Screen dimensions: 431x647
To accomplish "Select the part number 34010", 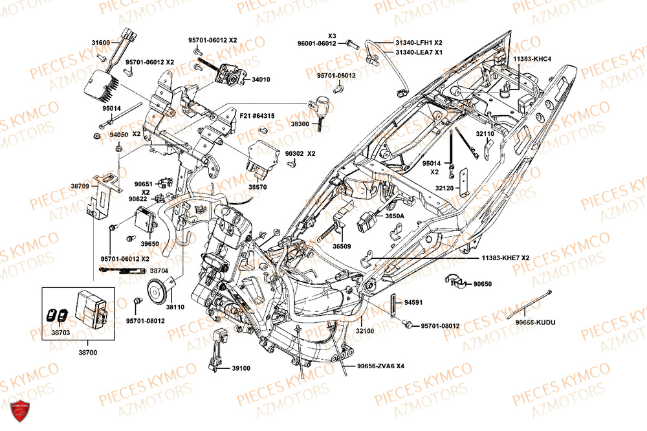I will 261,80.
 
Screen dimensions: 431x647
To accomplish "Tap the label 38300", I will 300,123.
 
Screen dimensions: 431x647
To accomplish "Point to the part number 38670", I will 257,186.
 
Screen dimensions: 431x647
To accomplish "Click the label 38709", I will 80,186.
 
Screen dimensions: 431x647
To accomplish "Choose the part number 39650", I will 149,243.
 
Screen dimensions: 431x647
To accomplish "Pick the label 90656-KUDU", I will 535,322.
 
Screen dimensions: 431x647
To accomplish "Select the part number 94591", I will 413,302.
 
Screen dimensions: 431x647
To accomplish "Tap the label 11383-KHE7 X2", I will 505,258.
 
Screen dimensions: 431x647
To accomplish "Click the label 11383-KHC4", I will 532,59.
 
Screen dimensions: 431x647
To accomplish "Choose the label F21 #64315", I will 257,116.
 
